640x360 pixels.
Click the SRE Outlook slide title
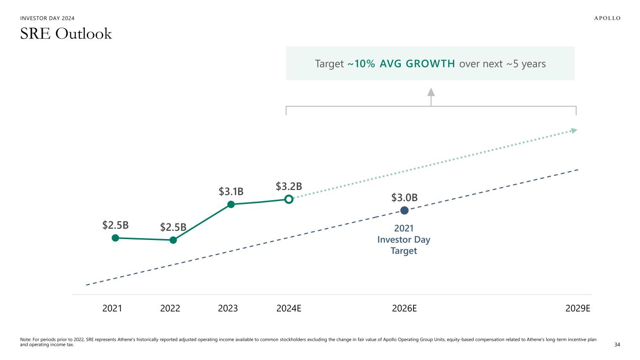click(x=66, y=34)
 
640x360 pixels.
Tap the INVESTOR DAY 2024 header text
click(x=47, y=18)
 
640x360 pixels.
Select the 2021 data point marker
click(x=115, y=238)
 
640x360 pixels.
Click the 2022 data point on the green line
click(x=173, y=240)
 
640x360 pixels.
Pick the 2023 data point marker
click(x=231, y=204)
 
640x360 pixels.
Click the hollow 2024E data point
click(x=289, y=199)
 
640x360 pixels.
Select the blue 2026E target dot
click(x=404, y=210)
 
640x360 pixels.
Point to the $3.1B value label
click(x=231, y=191)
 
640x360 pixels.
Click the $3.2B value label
click(x=288, y=187)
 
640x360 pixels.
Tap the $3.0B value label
click(x=404, y=198)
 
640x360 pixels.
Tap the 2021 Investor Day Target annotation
click(x=404, y=240)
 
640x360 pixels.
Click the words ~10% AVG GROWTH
click(x=401, y=64)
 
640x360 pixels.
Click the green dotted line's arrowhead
click(x=573, y=131)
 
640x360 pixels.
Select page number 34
click(x=617, y=345)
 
